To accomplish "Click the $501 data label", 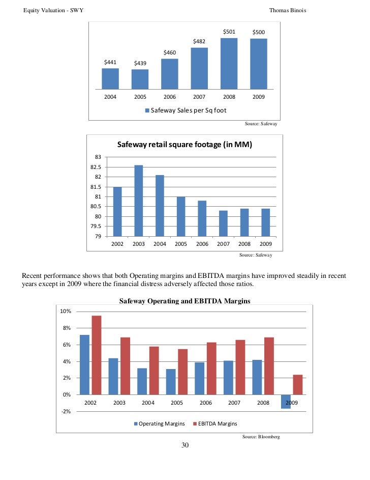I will pyautogui.click(x=229, y=32).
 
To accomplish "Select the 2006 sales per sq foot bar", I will pyautogui.click(x=170, y=74).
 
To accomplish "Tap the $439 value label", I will pyautogui.click(x=140, y=63).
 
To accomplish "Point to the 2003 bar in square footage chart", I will pyautogui.click(x=139, y=201).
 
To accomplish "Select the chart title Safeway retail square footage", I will pyautogui.click(x=185, y=145).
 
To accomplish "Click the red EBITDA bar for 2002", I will pyautogui.click(x=96, y=355).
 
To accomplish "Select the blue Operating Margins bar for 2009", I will pyautogui.click(x=286, y=401).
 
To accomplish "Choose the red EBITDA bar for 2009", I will pyautogui.click(x=298, y=384).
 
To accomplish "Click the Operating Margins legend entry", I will pyautogui.click(x=160, y=423).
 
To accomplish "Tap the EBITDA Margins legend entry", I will pyautogui.click(x=215, y=423).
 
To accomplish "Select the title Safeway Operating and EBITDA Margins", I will pyautogui.click(x=185, y=301).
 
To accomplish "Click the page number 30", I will pyautogui.click(x=185, y=446).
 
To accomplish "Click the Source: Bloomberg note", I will pyautogui.click(x=261, y=437).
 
